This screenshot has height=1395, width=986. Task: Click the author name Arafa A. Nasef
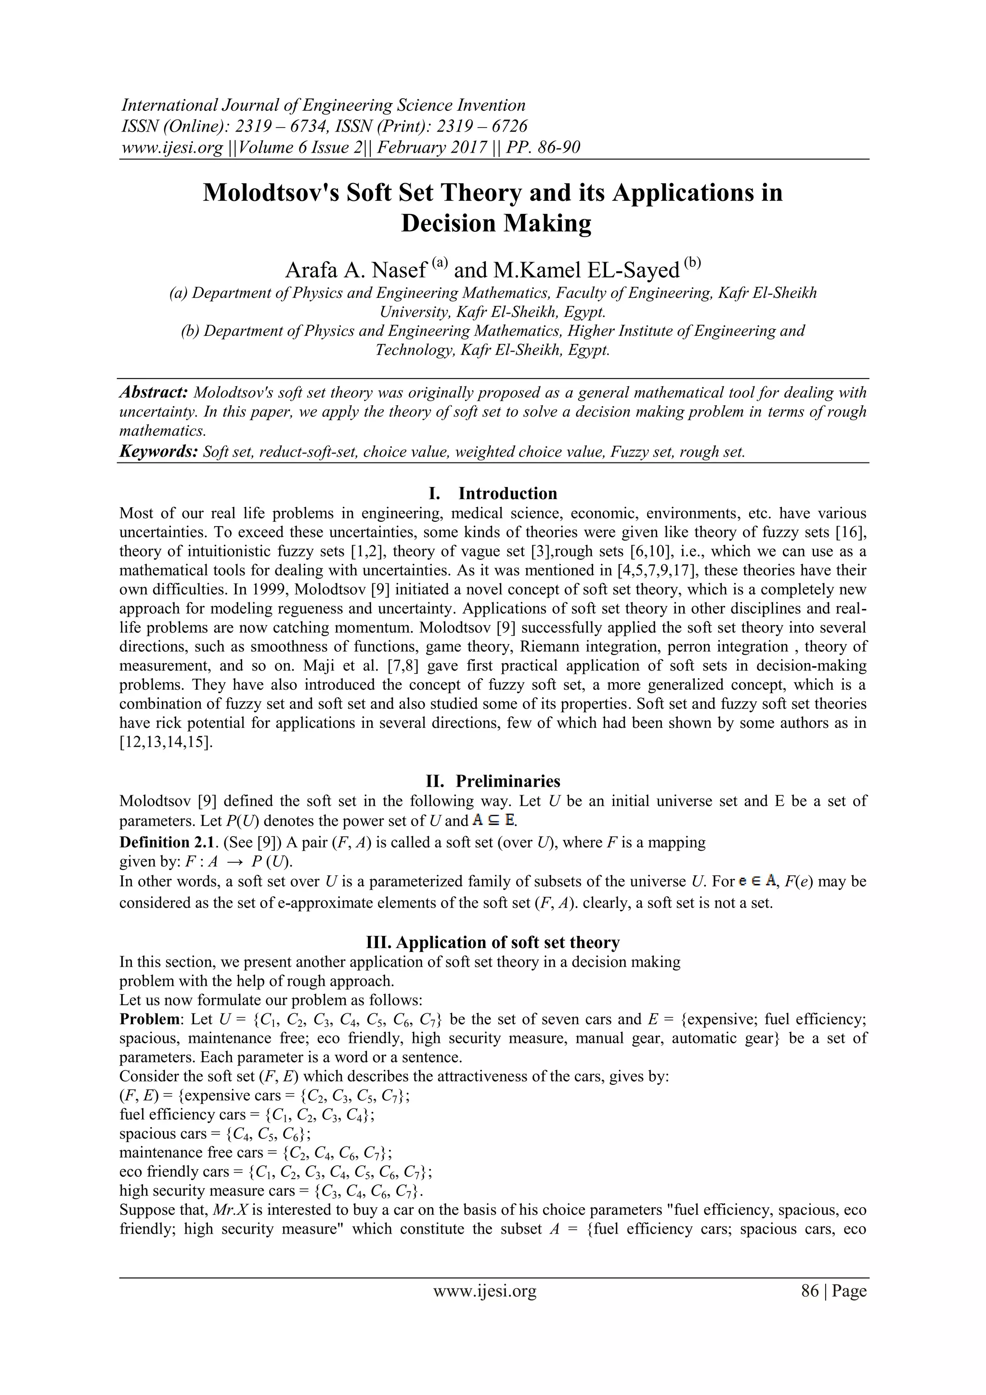356,270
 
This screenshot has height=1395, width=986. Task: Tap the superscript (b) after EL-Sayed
692,263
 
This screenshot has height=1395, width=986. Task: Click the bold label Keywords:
158,451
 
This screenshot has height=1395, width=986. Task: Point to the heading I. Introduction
493,493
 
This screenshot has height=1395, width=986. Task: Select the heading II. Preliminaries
493,781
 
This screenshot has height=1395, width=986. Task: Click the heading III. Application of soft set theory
493,942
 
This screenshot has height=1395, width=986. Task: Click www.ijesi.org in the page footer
484,1290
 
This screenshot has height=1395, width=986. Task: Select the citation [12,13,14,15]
166,742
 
